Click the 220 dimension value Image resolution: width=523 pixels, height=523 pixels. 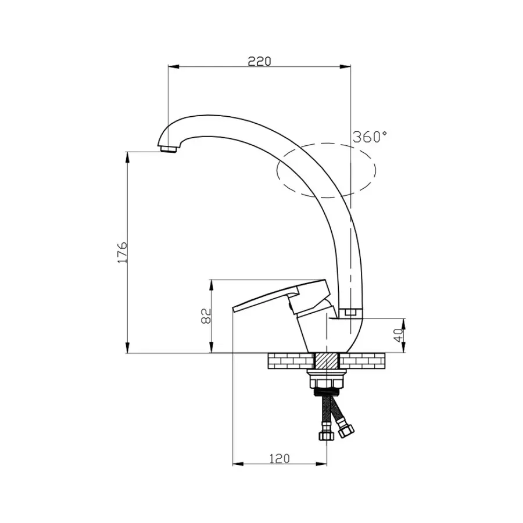pos(260,62)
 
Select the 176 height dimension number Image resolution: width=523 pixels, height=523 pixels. pos(123,252)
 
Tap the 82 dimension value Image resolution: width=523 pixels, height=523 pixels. pos(206,316)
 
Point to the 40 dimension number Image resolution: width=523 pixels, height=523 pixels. pos(398,335)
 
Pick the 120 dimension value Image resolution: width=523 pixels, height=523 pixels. pos(280,458)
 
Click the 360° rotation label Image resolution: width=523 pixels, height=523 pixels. pos(370,137)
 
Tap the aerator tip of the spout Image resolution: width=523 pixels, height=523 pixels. pos(168,148)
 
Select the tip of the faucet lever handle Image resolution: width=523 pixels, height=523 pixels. pos(234,309)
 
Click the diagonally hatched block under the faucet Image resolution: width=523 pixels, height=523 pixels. pos(327,361)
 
